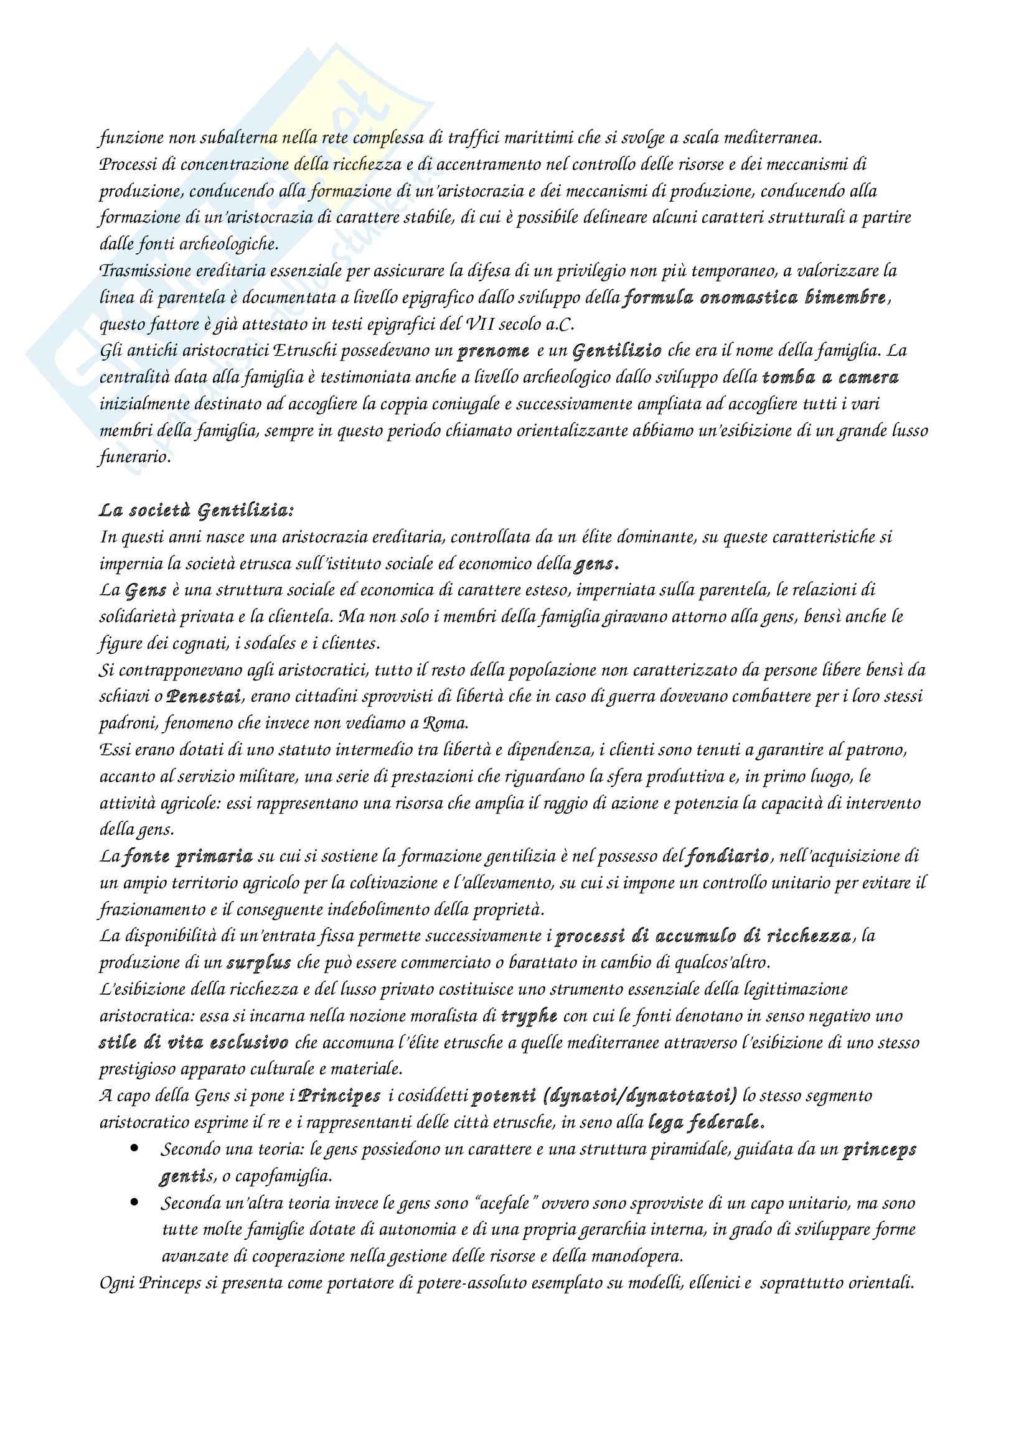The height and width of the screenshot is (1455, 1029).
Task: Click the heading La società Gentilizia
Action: click(x=197, y=510)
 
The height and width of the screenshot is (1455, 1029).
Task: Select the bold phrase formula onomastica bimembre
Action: click(x=754, y=297)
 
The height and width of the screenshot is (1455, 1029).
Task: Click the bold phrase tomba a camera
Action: click(x=830, y=378)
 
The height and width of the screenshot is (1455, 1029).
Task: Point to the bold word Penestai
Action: click(x=204, y=697)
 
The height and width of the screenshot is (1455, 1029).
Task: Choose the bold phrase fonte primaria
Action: click(x=187, y=857)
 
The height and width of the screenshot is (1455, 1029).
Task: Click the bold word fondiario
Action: click(x=726, y=857)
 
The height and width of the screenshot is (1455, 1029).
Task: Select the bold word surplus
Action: click(x=259, y=963)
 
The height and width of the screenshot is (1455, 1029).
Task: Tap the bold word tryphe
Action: click(x=529, y=1016)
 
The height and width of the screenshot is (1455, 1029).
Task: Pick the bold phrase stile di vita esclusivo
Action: click(x=194, y=1043)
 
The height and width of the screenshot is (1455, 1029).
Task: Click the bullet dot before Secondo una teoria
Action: click(x=134, y=1148)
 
